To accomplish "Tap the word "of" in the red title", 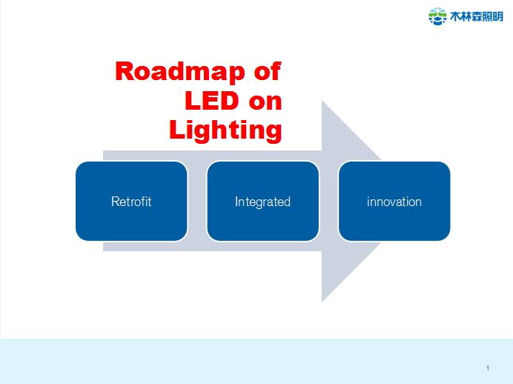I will tap(267, 72).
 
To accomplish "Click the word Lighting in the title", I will tap(225, 130).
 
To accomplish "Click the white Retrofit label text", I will tap(131, 202).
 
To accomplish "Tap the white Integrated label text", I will tap(262, 202).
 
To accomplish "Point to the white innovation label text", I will tap(394, 202).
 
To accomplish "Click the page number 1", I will tap(488, 368).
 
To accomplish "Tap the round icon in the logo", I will tap(437, 16).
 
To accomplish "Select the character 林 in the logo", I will tap(469, 16).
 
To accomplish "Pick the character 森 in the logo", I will tap(480, 16).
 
